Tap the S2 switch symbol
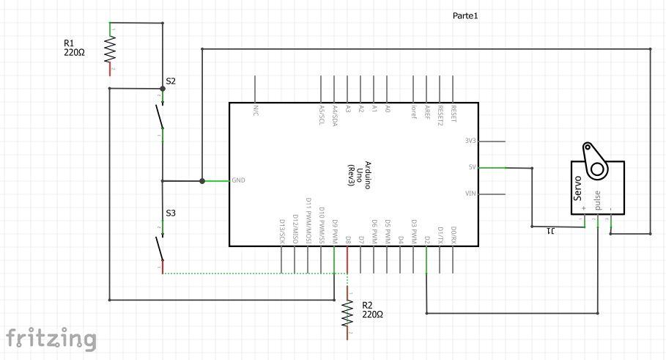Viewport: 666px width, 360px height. click(158, 114)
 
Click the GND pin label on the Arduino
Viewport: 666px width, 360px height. click(239, 180)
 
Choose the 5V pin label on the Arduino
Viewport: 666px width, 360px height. click(473, 167)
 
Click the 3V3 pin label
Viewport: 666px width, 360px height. click(470, 141)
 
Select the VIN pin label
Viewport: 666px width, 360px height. click(471, 194)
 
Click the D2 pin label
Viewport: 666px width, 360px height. click(426, 239)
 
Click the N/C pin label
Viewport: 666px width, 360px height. click(256, 109)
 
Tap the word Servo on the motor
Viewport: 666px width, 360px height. click(579, 188)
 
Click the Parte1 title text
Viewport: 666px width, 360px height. click(465, 15)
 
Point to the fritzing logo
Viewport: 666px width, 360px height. click(51, 338)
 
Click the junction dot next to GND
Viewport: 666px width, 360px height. click(202, 180)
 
